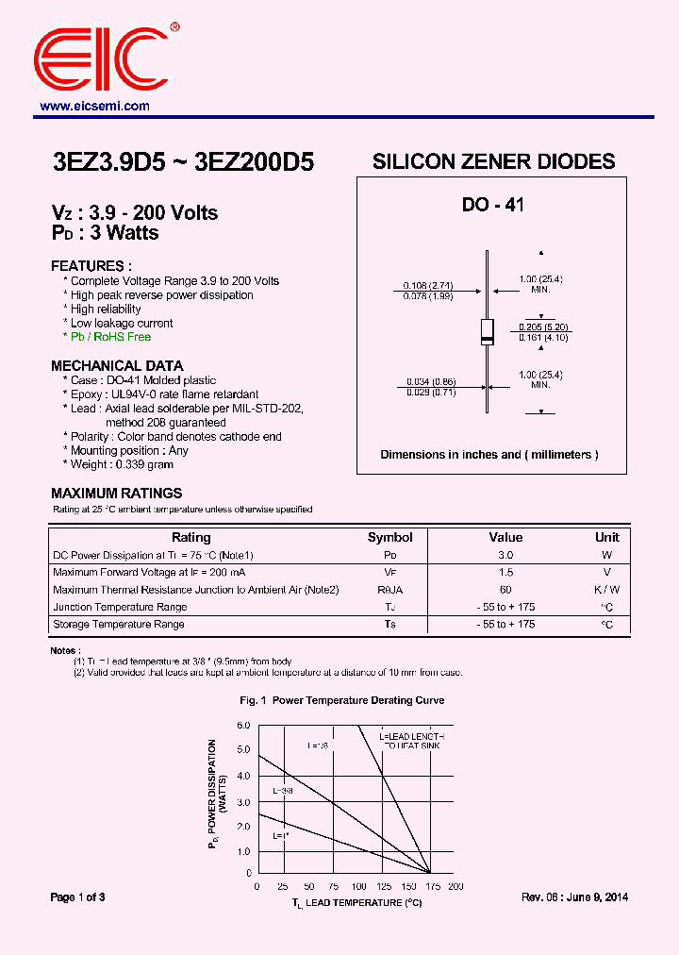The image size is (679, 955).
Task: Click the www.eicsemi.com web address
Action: pos(94,107)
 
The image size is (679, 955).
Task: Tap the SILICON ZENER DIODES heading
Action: pos(493,161)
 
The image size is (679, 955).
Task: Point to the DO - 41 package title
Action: pos(492,205)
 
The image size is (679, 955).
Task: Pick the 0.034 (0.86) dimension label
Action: pos(430,381)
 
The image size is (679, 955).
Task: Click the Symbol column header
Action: pos(389,538)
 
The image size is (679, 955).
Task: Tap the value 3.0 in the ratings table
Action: pos(505,556)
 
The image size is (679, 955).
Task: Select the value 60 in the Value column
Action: pos(505,590)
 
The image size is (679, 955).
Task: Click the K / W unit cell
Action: pos(607,590)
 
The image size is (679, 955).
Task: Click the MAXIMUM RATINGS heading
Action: pos(116,493)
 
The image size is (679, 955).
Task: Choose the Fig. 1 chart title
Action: pos(341,700)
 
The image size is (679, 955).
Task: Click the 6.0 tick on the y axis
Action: pos(243,725)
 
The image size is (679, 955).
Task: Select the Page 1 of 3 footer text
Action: pos(77,897)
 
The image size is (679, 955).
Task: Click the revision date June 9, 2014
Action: pos(600,897)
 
